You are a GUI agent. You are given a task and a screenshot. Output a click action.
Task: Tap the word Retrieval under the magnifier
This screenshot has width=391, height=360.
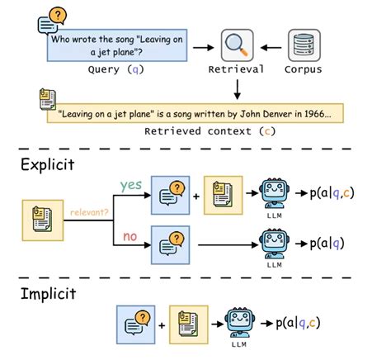click(237, 70)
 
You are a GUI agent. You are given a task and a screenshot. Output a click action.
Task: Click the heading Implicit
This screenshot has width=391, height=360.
click(49, 296)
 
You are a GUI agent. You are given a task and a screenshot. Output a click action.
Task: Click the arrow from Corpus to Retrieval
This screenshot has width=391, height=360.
click(271, 46)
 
